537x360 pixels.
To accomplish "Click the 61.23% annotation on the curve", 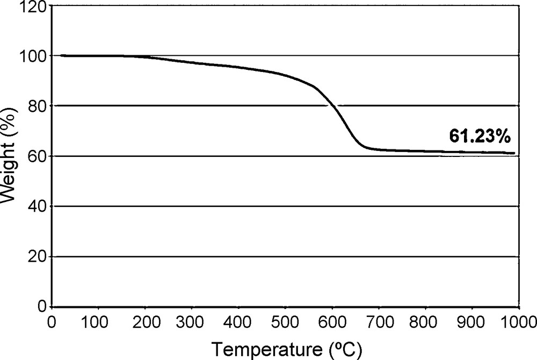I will (x=479, y=137).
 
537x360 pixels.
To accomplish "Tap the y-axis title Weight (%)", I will (x=9, y=156).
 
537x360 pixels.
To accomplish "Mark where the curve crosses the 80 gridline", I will (x=334, y=106).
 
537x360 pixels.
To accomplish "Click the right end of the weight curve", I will (x=514, y=153).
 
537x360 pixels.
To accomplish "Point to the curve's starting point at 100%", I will (x=62, y=55).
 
